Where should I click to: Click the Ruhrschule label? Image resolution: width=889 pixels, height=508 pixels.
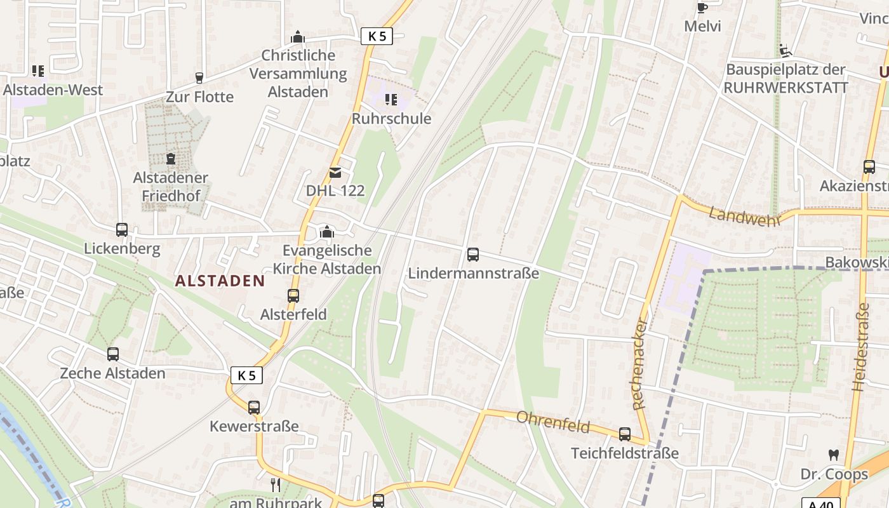point(391,119)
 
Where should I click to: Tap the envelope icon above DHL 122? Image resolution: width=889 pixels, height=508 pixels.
point(335,172)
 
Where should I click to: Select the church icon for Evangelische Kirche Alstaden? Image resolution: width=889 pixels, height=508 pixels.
point(327,232)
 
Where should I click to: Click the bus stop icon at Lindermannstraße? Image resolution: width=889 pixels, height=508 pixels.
point(473,255)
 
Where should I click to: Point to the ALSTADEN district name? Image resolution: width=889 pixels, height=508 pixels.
point(220,281)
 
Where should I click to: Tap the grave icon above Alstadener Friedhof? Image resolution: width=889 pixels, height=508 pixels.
point(170,158)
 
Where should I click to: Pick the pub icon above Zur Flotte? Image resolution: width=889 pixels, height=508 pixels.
point(199,78)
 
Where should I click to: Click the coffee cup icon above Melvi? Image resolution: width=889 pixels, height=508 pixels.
point(702,8)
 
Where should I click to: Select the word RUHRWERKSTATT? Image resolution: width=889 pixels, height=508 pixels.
point(785,88)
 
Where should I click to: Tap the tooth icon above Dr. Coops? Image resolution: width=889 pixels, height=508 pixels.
point(834,455)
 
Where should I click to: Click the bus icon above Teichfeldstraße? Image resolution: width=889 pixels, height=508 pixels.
point(625,434)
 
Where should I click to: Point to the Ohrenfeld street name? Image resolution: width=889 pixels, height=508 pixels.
point(553,422)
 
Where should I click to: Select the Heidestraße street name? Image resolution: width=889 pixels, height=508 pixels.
point(861,347)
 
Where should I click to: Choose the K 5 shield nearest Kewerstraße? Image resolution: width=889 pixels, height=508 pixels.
point(246,375)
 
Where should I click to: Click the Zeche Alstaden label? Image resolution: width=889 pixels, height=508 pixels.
point(112,373)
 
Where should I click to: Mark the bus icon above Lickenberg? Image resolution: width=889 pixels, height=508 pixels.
point(122,230)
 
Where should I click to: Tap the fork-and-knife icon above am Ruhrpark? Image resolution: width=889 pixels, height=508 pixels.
point(276,485)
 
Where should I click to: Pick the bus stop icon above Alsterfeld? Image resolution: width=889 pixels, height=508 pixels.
point(293,296)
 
